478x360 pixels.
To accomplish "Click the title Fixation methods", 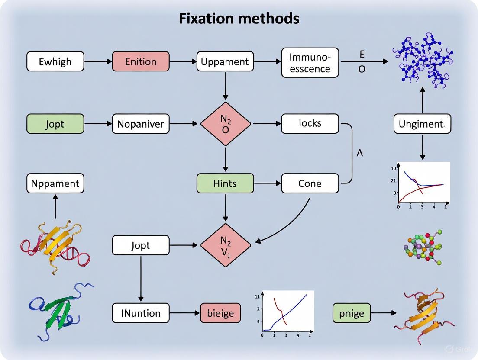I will (239, 19).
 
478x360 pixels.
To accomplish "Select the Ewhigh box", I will (55, 61).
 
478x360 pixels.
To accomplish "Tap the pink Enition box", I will (141, 61).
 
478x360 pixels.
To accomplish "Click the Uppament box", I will (225, 61).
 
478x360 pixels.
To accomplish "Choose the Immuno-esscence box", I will (310, 63).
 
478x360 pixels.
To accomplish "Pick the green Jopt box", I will (55, 124).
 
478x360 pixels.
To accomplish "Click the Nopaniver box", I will (141, 124).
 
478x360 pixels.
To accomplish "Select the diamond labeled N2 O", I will (226, 124).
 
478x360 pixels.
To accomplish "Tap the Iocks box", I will (310, 123).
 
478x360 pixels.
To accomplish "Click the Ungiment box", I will (422, 124).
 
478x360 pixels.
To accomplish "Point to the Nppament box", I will (55, 183).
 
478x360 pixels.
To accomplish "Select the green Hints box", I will (225, 183).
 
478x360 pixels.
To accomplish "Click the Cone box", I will (310, 183).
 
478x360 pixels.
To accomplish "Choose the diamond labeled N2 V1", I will (226, 245).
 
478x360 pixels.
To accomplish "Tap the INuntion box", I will (141, 313).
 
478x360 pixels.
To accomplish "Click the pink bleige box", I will (220, 313).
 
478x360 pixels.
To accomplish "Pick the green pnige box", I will (352, 313).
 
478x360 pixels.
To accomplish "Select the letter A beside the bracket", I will (359, 153).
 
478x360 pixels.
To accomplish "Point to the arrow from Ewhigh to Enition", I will (98, 61).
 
